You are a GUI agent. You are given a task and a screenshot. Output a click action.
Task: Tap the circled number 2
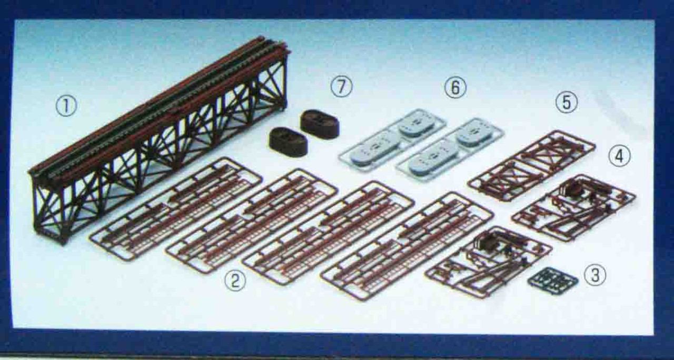(235, 281)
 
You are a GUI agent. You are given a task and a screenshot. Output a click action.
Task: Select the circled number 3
(595, 274)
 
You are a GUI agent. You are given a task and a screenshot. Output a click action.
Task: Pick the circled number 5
(567, 102)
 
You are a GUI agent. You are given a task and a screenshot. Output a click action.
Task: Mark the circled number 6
(455, 87)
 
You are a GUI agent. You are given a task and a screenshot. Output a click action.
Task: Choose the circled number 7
(341, 87)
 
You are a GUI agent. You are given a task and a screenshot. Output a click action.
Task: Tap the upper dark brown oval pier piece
(320, 124)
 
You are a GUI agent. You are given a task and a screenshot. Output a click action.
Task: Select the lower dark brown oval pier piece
(288, 142)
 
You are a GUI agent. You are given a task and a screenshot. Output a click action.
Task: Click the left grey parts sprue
(393, 139)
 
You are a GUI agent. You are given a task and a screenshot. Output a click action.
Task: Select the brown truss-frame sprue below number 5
(531, 165)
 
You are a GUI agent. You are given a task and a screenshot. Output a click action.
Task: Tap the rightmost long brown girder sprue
(407, 244)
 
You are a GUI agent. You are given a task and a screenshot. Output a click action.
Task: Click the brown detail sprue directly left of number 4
(573, 208)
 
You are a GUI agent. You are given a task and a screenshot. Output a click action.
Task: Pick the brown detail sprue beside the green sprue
(489, 262)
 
